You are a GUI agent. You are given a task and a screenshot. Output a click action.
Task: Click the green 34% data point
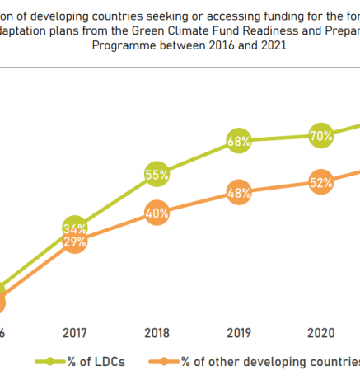coord(75,228)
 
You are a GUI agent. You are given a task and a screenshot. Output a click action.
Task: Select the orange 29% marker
coord(75,242)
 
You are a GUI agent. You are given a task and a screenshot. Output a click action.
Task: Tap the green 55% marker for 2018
coord(157,175)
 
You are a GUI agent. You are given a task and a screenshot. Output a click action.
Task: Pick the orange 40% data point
coord(157,213)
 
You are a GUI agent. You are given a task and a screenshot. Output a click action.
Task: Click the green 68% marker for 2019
coord(239,141)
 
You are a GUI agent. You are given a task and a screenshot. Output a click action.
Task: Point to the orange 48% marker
coord(239,194)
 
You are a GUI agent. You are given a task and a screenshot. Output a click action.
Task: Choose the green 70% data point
coord(320,135)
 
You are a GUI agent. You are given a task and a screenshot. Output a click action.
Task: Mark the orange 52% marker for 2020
coord(320,182)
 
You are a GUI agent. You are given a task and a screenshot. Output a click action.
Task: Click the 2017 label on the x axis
coord(75,333)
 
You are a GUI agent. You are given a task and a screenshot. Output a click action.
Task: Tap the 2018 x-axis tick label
coord(157,333)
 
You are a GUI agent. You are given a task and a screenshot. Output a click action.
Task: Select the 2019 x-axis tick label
coord(239,333)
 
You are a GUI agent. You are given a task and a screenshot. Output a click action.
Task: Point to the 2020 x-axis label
coord(320,333)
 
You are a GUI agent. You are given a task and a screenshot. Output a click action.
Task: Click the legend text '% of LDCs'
coord(97,361)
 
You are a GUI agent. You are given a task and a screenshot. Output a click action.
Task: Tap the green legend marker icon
coord(50,361)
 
